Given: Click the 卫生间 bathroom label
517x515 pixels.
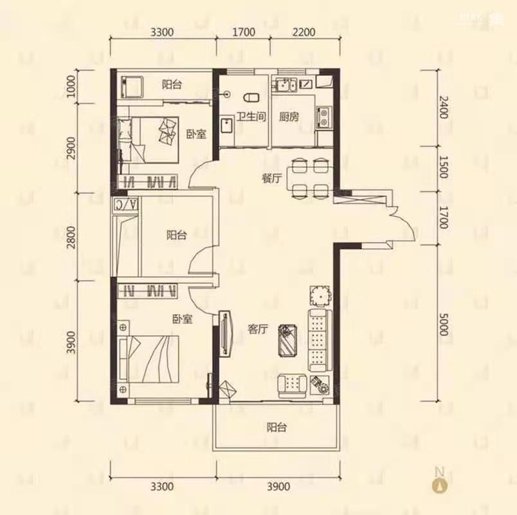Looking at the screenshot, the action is pyautogui.click(x=251, y=117).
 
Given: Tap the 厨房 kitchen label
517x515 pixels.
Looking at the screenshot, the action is pyautogui.click(x=289, y=117).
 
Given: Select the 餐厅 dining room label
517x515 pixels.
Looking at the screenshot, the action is pyautogui.click(x=272, y=178).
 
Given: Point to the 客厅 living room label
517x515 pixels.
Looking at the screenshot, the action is pyautogui.click(x=257, y=329).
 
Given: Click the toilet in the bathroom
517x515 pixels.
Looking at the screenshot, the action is pyautogui.click(x=251, y=98).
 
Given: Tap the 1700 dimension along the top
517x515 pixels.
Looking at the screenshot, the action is pyautogui.click(x=244, y=32).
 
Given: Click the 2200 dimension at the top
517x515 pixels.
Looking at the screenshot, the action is pyautogui.click(x=304, y=32).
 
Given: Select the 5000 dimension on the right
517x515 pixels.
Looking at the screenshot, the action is pyautogui.click(x=444, y=324).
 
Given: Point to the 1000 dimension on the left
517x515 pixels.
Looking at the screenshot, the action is pyautogui.click(x=71, y=86).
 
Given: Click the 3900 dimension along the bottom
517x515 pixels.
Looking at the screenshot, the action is pyautogui.click(x=278, y=487).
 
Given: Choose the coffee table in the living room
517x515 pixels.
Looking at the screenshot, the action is pyautogui.click(x=288, y=341).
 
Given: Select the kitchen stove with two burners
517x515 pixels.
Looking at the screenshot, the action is pyautogui.click(x=324, y=117).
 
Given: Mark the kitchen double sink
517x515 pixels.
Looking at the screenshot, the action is pyautogui.click(x=287, y=84).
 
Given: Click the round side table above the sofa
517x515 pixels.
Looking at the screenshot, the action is pyautogui.click(x=320, y=295).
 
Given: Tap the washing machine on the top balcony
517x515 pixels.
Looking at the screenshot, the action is pyautogui.click(x=132, y=87).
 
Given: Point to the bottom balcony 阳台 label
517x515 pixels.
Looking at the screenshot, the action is pyautogui.click(x=277, y=427).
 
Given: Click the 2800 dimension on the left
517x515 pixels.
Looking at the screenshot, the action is pyautogui.click(x=71, y=237).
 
